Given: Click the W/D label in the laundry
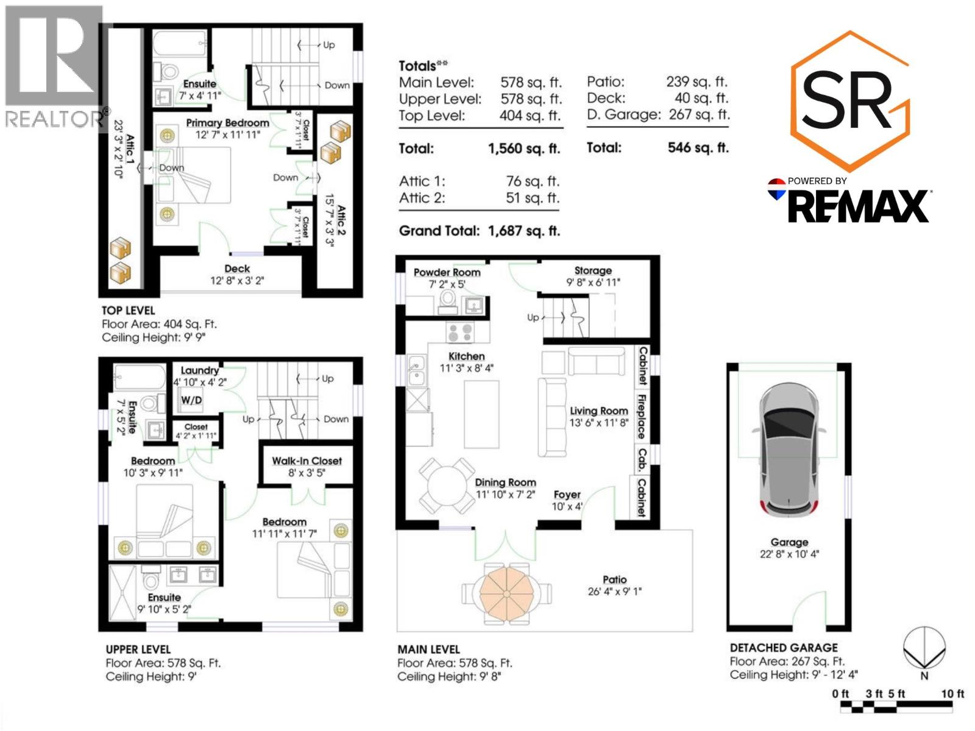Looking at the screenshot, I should [x=191, y=400].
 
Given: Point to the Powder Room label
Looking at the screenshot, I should [x=447, y=272].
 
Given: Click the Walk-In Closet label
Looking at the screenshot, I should [x=307, y=461].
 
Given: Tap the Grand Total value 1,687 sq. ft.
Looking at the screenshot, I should [x=523, y=231].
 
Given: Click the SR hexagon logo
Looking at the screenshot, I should [x=849, y=101].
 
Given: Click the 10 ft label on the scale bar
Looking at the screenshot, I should [x=952, y=694].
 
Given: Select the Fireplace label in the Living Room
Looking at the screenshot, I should [x=642, y=417].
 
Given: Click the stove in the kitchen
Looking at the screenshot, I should [x=460, y=333].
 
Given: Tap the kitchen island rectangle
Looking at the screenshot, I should [x=481, y=414].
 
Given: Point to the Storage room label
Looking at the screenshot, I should [x=593, y=270].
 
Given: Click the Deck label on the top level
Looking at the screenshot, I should [x=237, y=269].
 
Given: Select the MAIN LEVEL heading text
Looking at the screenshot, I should [x=428, y=649].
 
